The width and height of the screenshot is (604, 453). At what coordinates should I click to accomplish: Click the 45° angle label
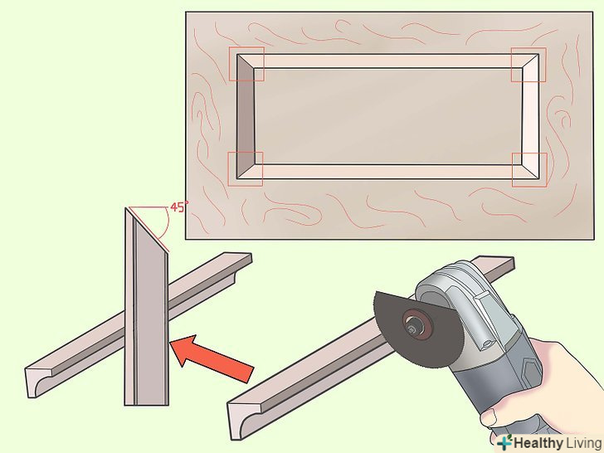[x=178, y=207]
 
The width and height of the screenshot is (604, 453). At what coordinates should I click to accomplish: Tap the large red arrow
[x=211, y=357]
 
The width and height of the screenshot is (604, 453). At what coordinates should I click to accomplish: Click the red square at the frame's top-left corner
[x=246, y=64]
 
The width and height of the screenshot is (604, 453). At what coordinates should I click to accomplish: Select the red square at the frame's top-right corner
[x=528, y=65]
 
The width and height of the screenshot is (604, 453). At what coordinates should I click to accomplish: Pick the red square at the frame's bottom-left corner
[x=246, y=168]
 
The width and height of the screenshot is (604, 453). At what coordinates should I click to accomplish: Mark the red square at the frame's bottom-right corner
[x=529, y=170]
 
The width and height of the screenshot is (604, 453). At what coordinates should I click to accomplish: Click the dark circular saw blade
[x=416, y=330]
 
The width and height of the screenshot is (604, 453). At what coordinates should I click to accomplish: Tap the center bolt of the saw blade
[x=412, y=329]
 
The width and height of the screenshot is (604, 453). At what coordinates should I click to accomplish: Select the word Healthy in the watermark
[x=538, y=443]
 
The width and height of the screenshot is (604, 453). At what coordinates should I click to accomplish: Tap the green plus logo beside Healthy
[x=504, y=442]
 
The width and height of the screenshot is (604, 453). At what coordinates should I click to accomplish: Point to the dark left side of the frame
[x=245, y=116]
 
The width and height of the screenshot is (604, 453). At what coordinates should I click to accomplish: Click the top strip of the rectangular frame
[x=387, y=61]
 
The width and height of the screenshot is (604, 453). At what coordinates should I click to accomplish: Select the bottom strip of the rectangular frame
[x=387, y=172]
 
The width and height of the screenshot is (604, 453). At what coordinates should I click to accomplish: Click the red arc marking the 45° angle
[x=167, y=223]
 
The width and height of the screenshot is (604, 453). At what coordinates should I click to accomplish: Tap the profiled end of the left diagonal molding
[x=38, y=382]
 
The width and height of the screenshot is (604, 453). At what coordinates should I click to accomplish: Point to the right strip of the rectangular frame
[x=530, y=116]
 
